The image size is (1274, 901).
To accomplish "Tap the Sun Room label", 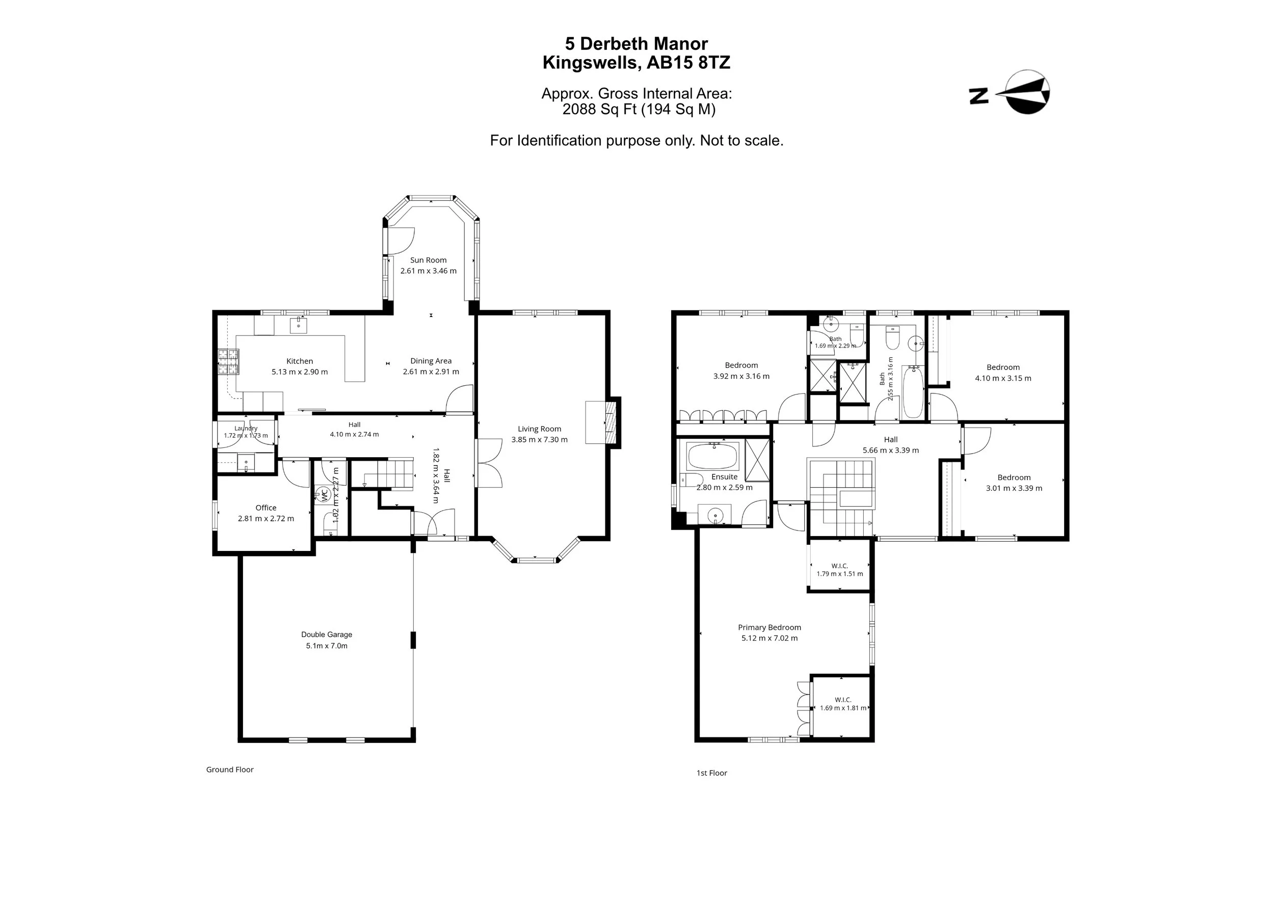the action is click(x=429, y=259).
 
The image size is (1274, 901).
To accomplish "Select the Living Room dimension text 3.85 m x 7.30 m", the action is click(x=539, y=439).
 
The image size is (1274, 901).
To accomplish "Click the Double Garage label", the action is click(x=327, y=634).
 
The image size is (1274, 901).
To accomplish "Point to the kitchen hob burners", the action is click(x=229, y=362).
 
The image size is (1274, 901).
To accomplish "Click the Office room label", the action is click(x=266, y=507).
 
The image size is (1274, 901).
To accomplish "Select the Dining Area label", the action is click(x=431, y=361).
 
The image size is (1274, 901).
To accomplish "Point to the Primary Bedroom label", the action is click(x=769, y=627).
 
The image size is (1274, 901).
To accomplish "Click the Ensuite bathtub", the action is click(x=712, y=457).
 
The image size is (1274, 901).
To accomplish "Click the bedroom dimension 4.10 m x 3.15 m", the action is click(x=1003, y=378).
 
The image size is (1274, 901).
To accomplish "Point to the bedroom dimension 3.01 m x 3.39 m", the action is click(x=1014, y=488).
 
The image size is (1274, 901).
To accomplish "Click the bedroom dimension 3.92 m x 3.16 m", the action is click(x=741, y=376).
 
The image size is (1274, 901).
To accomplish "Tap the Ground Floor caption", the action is click(x=230, y=770).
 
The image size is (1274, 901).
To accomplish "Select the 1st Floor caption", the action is click(x=712, y=773).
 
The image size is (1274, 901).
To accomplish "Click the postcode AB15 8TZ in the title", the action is click(x=688, y=63).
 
